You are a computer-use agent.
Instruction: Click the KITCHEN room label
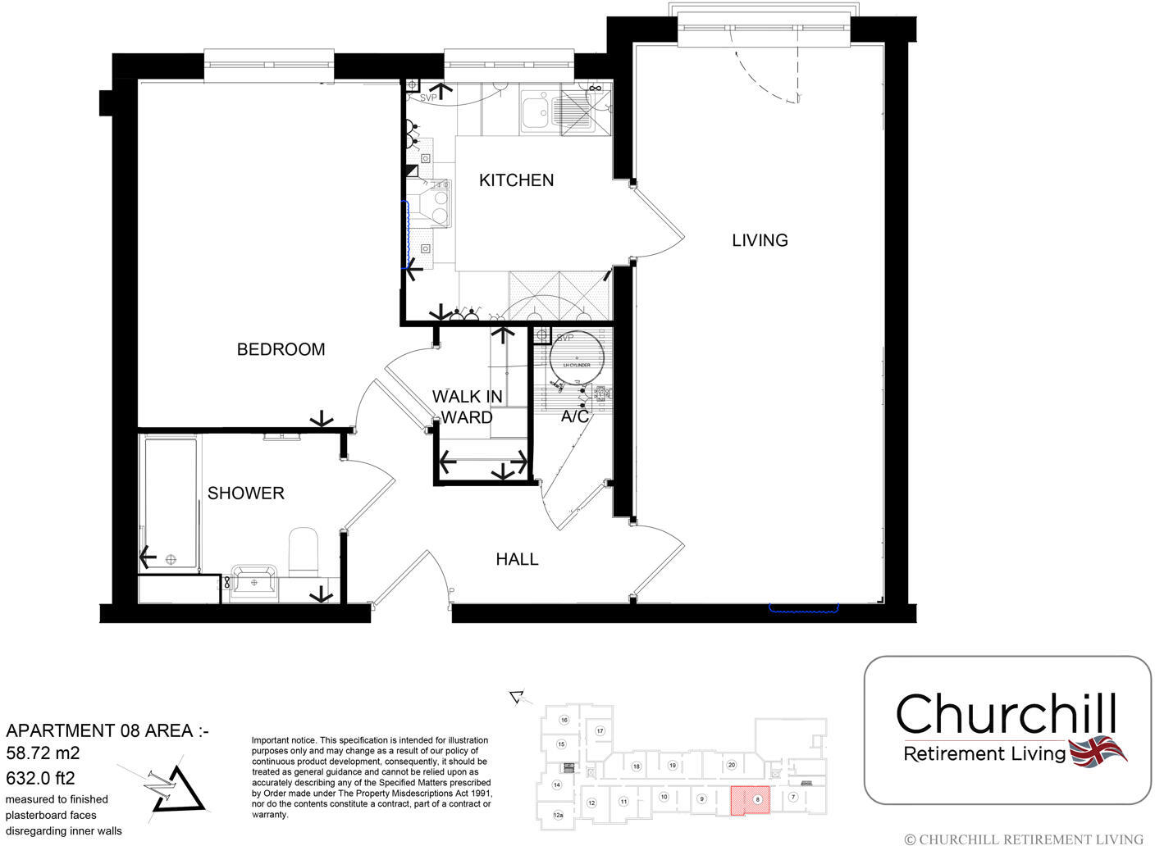(x=516, y=180)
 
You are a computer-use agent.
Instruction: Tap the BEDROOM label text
(x=281, y=349)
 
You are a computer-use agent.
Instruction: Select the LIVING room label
(x=760, y=240)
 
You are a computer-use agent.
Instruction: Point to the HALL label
(x=517, y=559)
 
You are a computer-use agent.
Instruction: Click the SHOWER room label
(x=245, y=493)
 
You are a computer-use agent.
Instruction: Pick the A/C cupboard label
(x=575, y=416)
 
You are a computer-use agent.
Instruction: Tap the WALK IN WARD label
(x=468, y=407)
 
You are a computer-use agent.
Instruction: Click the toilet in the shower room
(x=303, y=551)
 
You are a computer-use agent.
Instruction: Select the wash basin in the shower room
(x=254, y=580)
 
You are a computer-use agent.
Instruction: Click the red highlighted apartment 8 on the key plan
(x=751, y=801)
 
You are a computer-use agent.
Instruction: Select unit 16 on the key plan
(x=564, y=720)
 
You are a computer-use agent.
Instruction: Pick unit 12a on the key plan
(x=558, y=815)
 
